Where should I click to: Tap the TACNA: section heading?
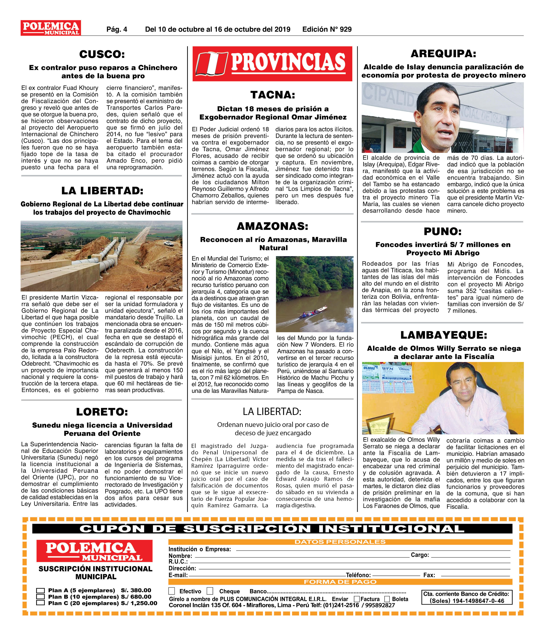point(273,95)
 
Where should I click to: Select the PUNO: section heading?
point(443,231)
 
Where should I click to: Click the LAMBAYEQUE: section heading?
point(444,335)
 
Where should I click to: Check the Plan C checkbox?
point(40,603)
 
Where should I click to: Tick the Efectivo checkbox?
point(172,591)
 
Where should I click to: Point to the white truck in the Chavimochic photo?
point(169,244)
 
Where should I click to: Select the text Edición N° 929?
point(327,29)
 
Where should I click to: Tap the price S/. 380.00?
point(136,590)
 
